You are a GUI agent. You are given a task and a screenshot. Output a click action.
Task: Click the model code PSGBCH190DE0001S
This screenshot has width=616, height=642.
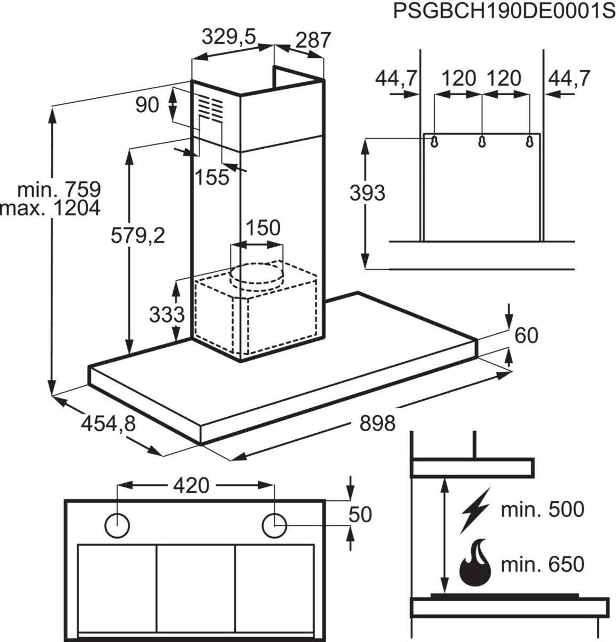point(504,11)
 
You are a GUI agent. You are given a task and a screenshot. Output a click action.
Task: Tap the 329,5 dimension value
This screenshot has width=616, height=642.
point(229,37)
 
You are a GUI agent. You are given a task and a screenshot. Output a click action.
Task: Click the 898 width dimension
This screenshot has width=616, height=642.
point(377,423)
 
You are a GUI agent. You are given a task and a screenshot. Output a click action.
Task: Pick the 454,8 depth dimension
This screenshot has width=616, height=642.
point(109,424)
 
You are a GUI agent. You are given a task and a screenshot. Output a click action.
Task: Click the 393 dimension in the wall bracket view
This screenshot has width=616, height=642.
point(367,193)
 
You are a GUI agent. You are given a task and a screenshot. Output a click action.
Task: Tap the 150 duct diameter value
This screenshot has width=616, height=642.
point(263,228)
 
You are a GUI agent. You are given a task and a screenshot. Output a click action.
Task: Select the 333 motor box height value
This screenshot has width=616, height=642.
point(166,314)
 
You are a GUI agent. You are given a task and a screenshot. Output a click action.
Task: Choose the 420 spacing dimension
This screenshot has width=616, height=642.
point(191,485)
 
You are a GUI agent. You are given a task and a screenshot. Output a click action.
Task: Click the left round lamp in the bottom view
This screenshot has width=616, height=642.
point(117,525)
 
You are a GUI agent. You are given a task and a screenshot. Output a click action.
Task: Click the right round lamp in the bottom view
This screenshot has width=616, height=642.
point(275,525)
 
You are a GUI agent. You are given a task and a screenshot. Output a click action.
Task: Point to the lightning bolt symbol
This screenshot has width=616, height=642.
point(474,510)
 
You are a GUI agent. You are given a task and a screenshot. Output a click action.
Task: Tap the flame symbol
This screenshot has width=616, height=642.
point(475,565)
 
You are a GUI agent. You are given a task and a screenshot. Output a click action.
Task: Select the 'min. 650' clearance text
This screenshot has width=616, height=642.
point(542,564)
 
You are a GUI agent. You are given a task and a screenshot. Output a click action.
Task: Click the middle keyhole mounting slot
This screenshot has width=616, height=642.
point(482,142)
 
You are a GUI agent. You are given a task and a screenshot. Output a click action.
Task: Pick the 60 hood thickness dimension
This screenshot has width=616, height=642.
point(527,335)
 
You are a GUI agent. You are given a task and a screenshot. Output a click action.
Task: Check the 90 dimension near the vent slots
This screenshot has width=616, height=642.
point(147,105)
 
